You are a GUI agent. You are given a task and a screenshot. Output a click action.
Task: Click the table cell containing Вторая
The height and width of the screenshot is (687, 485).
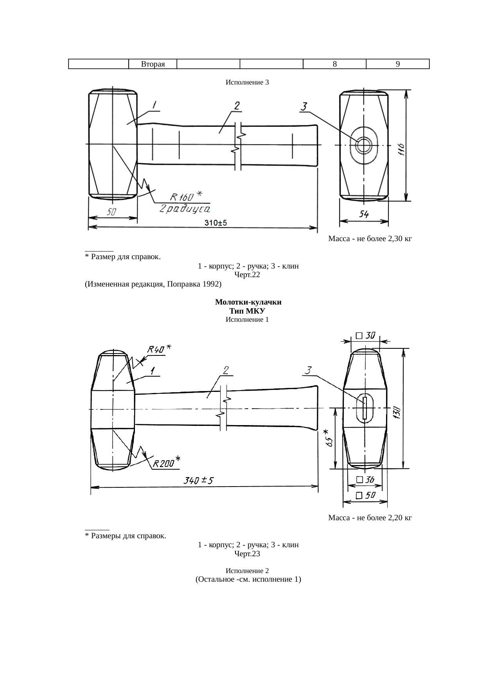(153, 64)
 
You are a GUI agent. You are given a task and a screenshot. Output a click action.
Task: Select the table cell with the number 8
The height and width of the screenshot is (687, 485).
(335, 64)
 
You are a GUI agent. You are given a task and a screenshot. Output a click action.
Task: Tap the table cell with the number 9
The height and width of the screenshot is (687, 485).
(398, 64)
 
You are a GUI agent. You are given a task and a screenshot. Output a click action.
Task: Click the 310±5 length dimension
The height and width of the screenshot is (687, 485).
(216, 223)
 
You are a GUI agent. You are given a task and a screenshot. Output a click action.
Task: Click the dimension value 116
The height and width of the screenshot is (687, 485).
(401, 149)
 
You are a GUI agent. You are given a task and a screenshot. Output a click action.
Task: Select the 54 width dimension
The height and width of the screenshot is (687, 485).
(364, 214)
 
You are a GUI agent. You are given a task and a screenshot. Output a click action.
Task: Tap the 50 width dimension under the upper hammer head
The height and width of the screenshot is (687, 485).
(112, 212)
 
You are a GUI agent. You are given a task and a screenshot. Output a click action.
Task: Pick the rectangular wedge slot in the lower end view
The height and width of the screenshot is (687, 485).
(365, 408)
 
